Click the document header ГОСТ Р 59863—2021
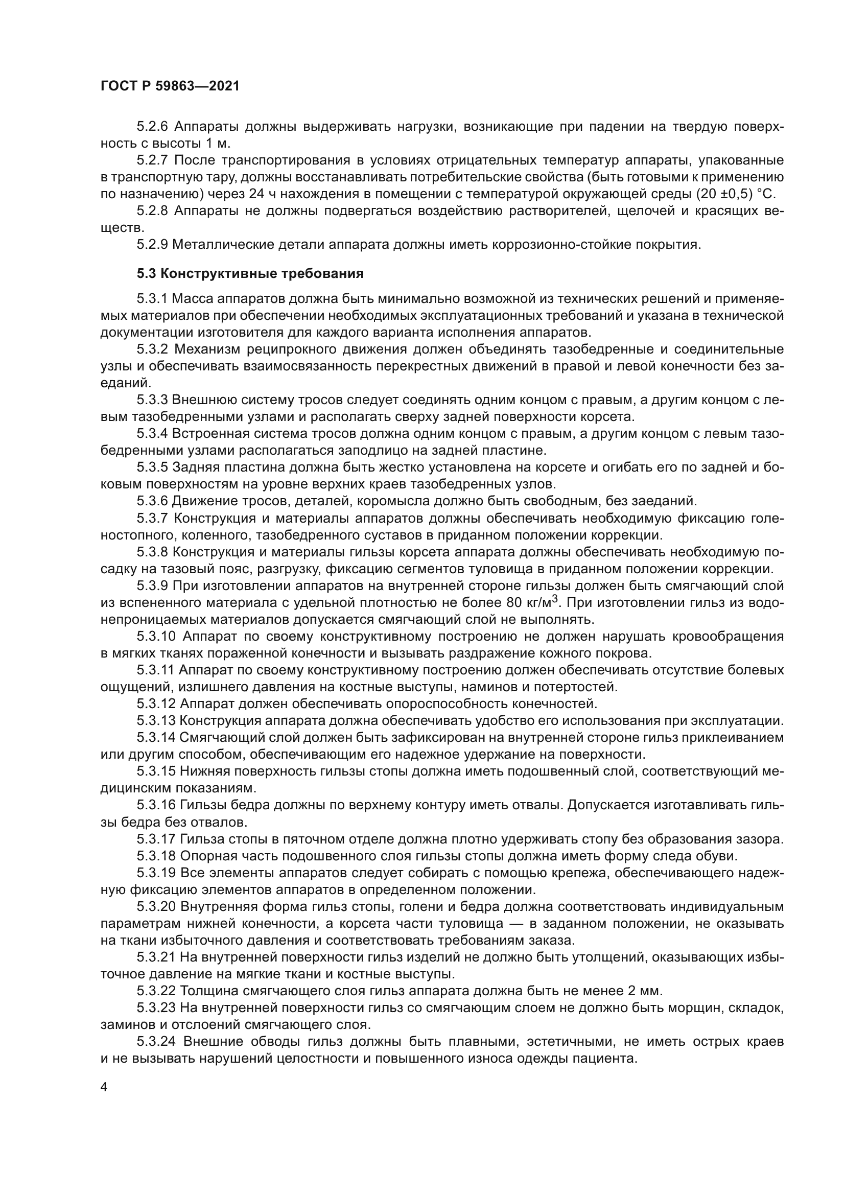[170, 86]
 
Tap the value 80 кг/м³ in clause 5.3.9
[533, 603]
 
